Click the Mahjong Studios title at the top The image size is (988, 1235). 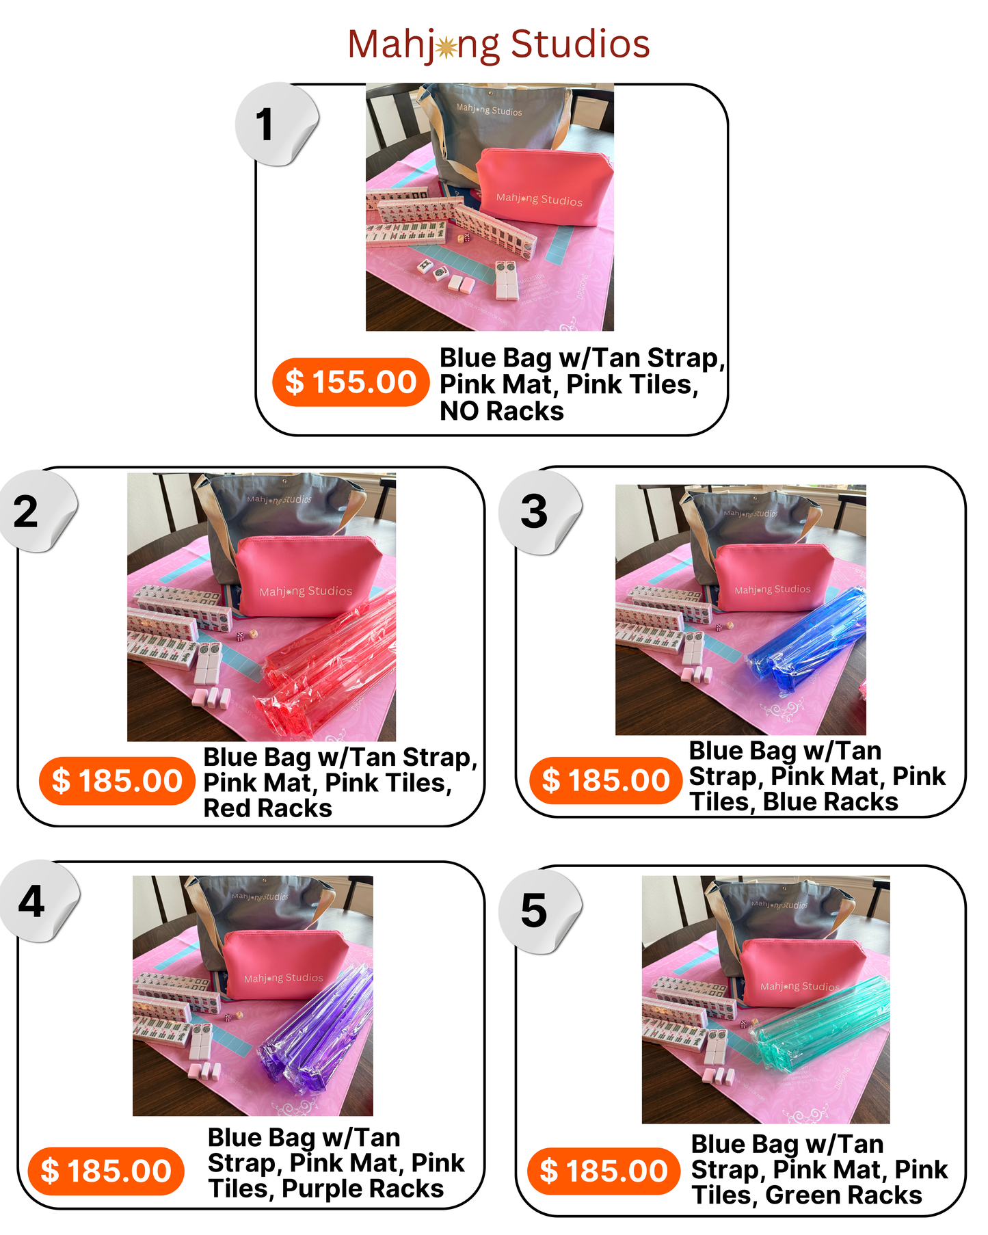pyautogui.click(x=498, y=44)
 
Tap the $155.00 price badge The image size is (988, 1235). pyautogui.click(x=350, y=382)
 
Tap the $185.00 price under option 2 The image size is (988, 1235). pyautogui.click(x=117, y=781)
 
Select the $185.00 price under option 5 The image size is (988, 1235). pyautogui.click(x=604, y=1171)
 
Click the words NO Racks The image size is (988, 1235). pyautogui.click(x=501, y=411)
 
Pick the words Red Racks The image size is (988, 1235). pyautogui.click(x=267, y=808)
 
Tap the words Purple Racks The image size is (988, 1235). pyautogui.click(x=362, y=1188)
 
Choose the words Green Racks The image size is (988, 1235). pyautogui.click(x=843, y=1195)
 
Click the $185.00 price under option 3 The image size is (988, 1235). pyautogui.click(x=606, y=780)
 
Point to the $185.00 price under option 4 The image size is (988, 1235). pyautogui.click(x=106, y=1171)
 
